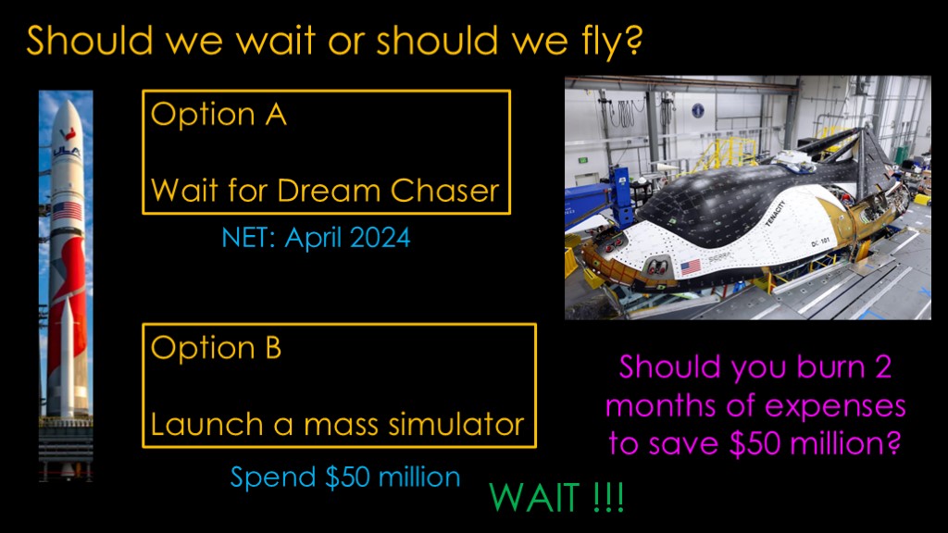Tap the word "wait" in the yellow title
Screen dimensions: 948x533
click(276, 41)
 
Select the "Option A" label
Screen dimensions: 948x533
click(218, 114)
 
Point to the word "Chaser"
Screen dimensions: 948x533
click(444, 190)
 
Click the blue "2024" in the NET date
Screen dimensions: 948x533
click(380, 238)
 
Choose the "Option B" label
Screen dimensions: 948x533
click(216, 348)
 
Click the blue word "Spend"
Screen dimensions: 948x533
click(273, 478)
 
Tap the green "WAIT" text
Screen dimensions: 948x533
click(534, 498)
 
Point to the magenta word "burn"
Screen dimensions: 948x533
click(830, 366)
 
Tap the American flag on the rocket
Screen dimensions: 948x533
click(67, 212)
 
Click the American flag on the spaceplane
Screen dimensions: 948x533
click(691, 266)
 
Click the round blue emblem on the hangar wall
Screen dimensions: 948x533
click(698, 111)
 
